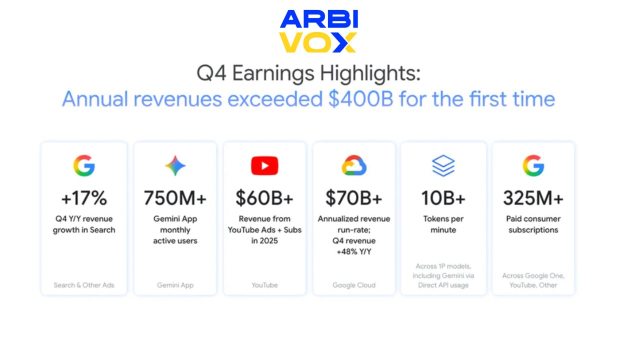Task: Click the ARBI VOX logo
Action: pos(318,31)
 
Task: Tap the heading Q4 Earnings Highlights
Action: pos(308,73)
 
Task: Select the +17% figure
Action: pos(84,198)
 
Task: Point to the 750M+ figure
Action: pos(175,198)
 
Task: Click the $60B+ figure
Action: pos(264,198)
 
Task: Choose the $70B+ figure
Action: pos(354,198)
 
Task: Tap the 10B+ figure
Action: pos(443,198)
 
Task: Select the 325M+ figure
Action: pos(533,198)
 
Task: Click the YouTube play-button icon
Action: pos(264,165)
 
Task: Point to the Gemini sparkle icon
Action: pos(175,165)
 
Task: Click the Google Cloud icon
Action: pos(354,165)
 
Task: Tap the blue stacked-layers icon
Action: pos(443,165)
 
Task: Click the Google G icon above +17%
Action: pos(84,165)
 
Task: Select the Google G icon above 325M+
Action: pos(533,165)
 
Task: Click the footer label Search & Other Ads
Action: pos(84,285)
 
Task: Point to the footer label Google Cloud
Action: pos(354,285)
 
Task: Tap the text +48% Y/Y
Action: pos(354,251)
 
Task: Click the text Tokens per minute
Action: pos(443,224)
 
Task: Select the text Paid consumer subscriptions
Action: pos(533,224)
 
